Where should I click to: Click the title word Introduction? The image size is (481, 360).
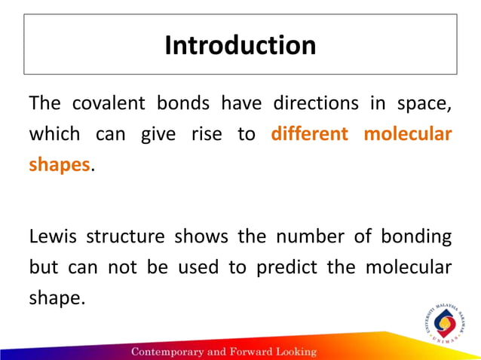tap(240, 46)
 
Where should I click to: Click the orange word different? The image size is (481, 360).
tap(309, 134)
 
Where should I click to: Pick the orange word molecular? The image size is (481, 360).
tap(408, 134)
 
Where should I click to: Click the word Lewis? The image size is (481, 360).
tap(52, 236)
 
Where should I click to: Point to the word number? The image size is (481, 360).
tap(305, 236)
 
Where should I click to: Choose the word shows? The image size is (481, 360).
tap(201, 236)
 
